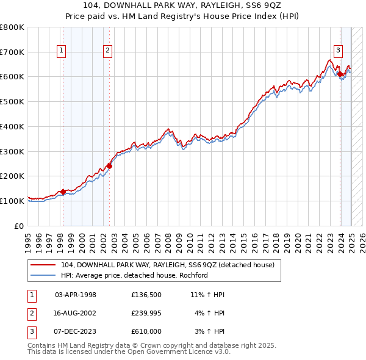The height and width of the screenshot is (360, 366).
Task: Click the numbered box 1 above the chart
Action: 62,51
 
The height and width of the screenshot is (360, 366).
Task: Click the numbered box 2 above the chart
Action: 107,51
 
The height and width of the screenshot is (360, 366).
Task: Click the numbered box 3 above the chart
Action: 337,51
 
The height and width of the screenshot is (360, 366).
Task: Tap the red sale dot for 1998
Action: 63,192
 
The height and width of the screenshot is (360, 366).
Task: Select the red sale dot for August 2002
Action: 110,165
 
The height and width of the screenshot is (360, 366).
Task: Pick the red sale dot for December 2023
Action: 340,74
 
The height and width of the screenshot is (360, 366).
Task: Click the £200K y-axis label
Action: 12,176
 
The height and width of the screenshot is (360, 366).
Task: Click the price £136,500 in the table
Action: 146,295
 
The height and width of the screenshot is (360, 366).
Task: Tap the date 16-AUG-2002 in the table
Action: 76,313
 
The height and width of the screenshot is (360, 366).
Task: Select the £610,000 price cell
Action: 146,331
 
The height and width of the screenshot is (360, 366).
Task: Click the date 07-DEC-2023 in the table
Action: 76,331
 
